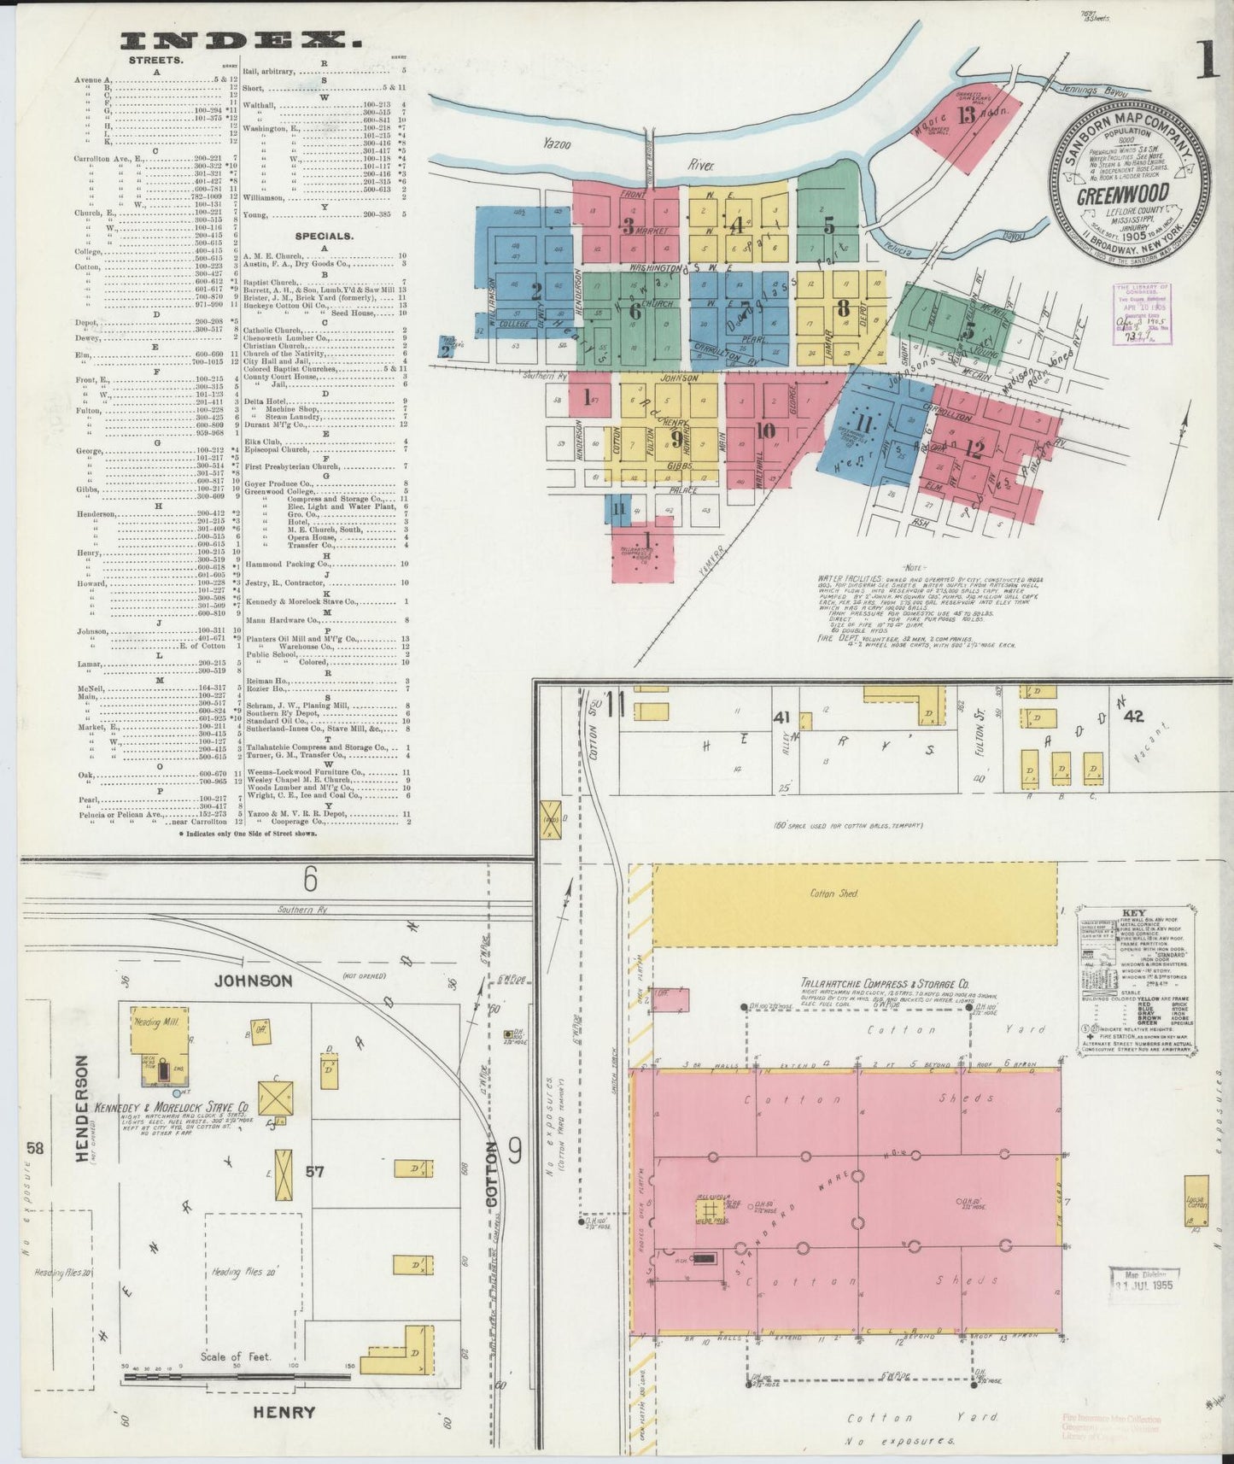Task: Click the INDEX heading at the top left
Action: (240, 40)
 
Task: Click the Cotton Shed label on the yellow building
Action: (833, 893)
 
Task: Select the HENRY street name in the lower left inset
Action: (284, 1412)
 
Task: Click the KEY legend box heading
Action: (1134, 912)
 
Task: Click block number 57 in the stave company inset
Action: (315, 1172)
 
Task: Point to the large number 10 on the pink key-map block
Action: (764, 430)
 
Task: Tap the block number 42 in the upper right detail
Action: (1134, 716)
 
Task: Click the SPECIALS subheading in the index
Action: (324, 235)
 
